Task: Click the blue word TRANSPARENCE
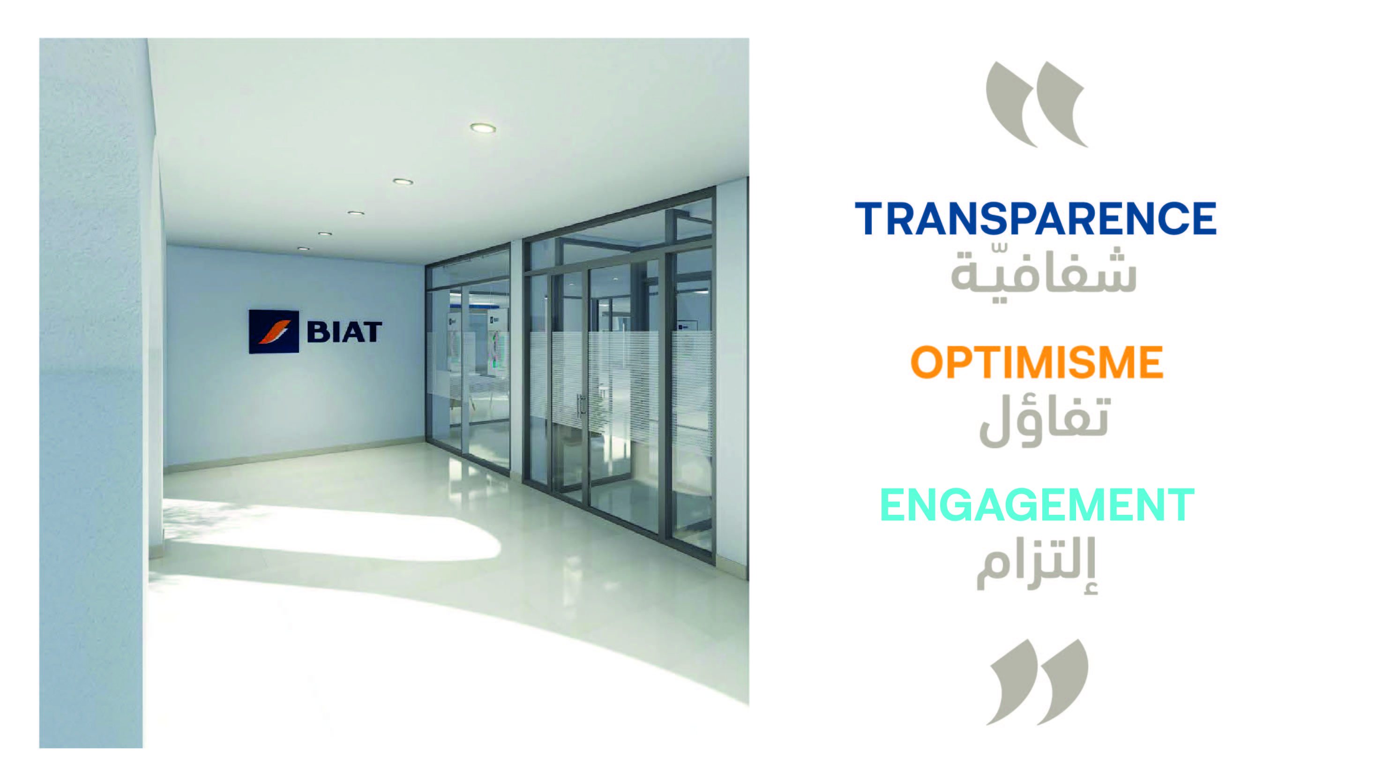[x=1035, y=219]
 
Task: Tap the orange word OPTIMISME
[x=1037, y=362]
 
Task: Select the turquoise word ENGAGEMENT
[x=1037, y=504]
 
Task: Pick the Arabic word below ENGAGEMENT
[x=1037, y=566]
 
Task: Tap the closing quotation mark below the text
[x=1037, y=682]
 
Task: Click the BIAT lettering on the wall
[x=344, y=332]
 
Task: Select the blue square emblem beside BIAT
[x=274, y=331]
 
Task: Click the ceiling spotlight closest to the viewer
[x=482, y=128]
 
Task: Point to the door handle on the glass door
[x=581, y=405]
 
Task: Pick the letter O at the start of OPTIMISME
[x=928, y=362]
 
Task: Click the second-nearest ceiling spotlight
[x=403, y=181]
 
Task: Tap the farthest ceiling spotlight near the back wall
[x=303, y=248]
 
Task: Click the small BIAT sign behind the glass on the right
[x=687, y=326]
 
